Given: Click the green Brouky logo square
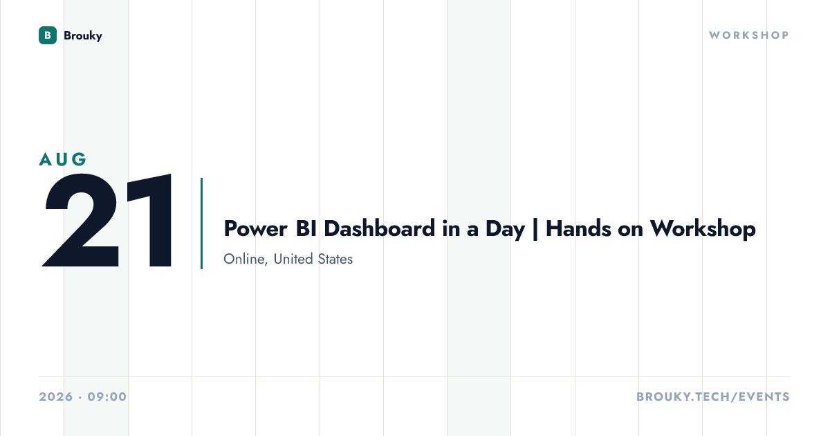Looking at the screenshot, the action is pyautogui.click(x=48, y=35).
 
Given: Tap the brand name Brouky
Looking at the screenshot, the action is pyautogui.click(x=83, y=36).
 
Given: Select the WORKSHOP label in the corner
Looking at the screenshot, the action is pyautogui.click(x=749, y=35).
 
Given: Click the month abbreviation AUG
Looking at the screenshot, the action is pyautogui.click(x=63, y=159).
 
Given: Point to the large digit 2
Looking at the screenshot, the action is pyautogui.click(x=81, y=220).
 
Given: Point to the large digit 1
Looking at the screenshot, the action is pyautogui.click(x=150, y=220).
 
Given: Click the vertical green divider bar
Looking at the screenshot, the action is pyautogui.click(x=201, y=224).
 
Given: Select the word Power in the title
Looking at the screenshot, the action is pyautogui.click(x=255, y=228).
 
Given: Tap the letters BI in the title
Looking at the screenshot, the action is pyautogui.click(x=306, y=228).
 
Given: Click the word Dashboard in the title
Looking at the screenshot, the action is pyautogui.click(x=380, y=228).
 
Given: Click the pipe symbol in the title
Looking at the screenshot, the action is pyautogui.click(x=535, y=230).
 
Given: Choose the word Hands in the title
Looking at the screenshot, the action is pyautogui.click(x=578, y=228).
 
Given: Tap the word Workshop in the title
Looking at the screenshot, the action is pyautogui.click(x=703, y=230).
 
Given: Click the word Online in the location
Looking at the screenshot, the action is pyautogui.click(x=246, y=259).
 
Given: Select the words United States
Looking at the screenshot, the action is pyautogui.click(x=313, y=259).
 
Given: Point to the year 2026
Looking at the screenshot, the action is pyautogui.click(x=56, y=397).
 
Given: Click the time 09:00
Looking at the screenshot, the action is pyautogui.click(x=107, y=397).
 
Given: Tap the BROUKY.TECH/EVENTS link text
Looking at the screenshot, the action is pyautogui.click(x=713, y=397).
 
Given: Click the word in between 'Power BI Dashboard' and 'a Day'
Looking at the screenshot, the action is pyautogui.click(x=451, y=228).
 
